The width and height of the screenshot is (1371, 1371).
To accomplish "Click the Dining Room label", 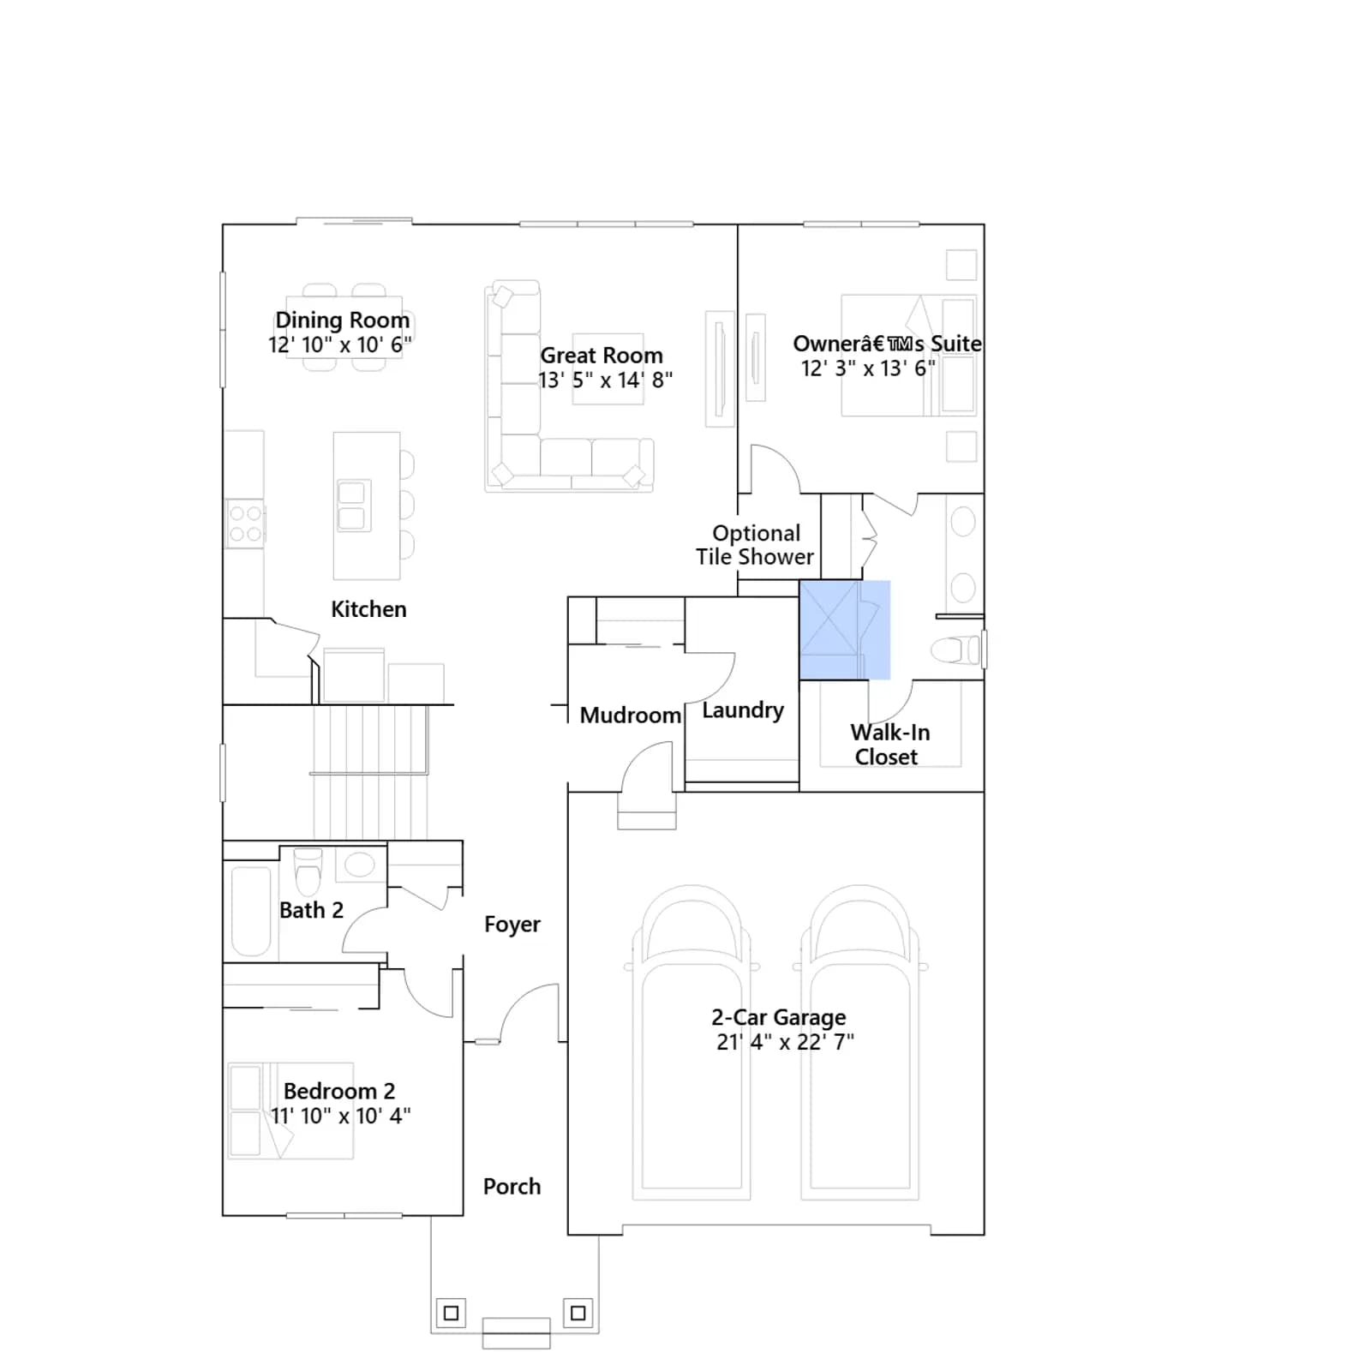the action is [x=342, y=320].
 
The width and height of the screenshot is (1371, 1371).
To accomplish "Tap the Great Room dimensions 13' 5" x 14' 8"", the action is [x=605, y=380].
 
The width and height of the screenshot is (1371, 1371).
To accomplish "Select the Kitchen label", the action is [x=368, y=609].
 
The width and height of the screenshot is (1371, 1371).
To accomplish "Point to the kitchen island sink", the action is [x=352, y=506].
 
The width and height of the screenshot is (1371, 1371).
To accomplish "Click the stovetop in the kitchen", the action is [x=245, y=524].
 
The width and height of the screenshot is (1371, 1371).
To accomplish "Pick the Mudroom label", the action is [x=631, y=715].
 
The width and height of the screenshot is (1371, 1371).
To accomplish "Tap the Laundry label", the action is [x=743, y=710].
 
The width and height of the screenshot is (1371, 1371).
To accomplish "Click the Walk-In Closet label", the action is [x=889, y=745].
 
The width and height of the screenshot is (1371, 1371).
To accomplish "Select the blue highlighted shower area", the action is [x=845, y=630].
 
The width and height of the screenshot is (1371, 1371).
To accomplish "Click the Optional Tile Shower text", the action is [x=755, y=545].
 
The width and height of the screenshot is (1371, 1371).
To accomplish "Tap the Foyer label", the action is [x=512, y=925].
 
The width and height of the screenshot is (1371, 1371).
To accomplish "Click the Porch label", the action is [x=512, y=1187].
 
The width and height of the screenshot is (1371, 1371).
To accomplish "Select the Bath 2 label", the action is [x=311, y=910].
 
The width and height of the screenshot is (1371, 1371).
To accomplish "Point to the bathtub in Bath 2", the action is [x=251, y=910].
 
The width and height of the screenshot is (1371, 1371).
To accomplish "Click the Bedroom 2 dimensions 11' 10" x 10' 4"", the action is [x=340, y=1116].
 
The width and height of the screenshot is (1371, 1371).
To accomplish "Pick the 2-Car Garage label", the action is [x=779, y=1017].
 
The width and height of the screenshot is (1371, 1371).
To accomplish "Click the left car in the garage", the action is [x=691, y=1042].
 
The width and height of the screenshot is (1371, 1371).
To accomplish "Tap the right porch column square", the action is [x=578, y=1313].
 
